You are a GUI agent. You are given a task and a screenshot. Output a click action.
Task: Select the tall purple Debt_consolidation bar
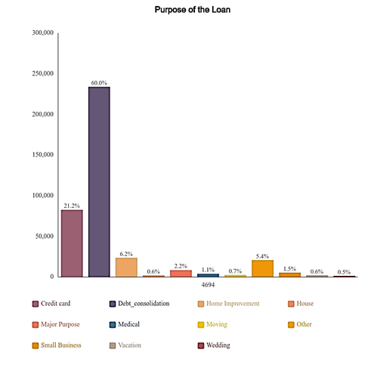click(99, 181)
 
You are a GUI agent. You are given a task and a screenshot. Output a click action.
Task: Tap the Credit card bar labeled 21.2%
click(72, 243)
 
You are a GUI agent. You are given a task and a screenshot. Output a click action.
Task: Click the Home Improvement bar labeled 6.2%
click(126, 267)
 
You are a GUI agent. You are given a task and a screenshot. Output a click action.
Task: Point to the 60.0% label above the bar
click(99, 82)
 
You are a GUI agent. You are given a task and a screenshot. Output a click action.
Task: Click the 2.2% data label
click(181, 265)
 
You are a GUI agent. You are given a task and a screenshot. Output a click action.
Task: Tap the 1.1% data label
click(208, 270)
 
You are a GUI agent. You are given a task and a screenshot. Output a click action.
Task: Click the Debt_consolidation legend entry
click(138, 304)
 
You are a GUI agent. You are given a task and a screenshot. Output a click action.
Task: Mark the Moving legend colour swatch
click(201, 325)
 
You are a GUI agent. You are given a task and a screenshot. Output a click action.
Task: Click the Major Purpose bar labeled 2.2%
click(181, 273)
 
